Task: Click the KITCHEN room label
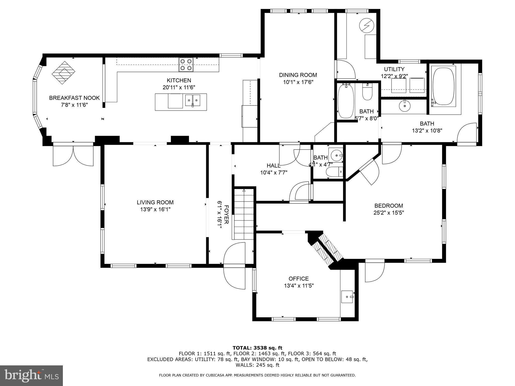click(179, 80)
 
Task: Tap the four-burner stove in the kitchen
click(186, 65)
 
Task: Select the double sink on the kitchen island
click(193, 100)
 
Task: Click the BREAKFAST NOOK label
click(74, 98)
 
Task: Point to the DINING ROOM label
click(298, 75)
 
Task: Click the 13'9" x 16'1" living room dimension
click(155, 209)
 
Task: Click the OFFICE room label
click(298, 279)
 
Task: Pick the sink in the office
click(348, 297)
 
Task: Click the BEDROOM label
click(389, 206)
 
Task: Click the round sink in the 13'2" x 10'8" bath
click(405, 106)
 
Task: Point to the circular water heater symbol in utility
click(366, 25)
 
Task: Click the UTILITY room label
click(394, 69)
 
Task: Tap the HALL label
click(274, 166)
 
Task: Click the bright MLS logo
click(31, 375)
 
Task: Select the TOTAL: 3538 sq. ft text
click(257, 348)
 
